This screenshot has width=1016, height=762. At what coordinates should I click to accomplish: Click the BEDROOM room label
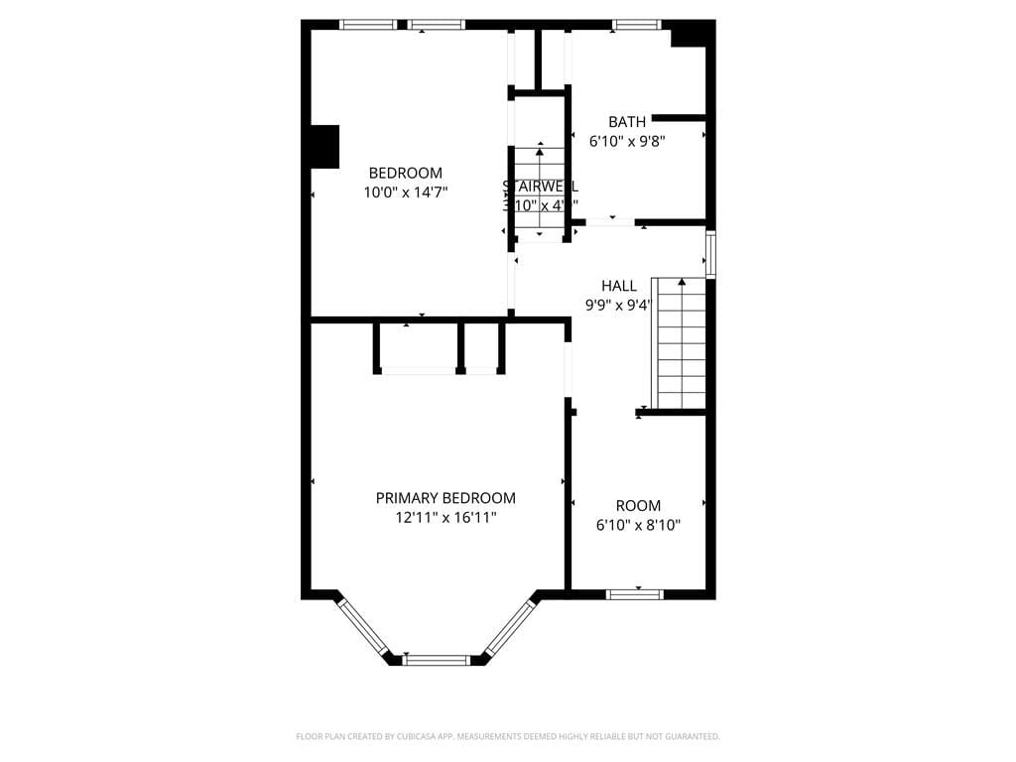point(405,173)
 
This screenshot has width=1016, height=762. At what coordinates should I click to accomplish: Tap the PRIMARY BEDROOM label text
point(445,498)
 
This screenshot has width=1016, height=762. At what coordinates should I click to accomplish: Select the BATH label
point(627,122)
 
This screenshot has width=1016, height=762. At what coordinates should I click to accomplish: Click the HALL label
point(619,286)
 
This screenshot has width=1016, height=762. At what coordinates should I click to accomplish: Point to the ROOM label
point(638,506)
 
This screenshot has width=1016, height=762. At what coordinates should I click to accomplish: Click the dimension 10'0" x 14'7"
point(405,192)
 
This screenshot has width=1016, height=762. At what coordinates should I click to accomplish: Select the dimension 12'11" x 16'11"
point(445,518)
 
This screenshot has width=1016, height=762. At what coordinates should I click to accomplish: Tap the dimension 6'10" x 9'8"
point(627,142)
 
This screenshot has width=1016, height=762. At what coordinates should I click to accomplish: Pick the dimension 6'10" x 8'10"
point(638,526)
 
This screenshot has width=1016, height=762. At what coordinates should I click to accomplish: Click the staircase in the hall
point(681,343)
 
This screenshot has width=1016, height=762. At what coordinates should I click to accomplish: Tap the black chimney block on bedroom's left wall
point(324,146)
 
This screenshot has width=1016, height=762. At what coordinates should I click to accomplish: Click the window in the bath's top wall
point(636,25)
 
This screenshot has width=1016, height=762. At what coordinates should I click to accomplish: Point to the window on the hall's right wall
point(710,254)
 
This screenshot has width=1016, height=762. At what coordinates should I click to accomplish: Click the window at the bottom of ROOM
point(635,594)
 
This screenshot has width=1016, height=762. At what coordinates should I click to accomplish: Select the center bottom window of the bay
point(437,659)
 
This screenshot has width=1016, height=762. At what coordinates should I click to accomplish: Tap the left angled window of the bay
point(362,626)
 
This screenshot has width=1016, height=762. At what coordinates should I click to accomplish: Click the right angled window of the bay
point(510,626)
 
